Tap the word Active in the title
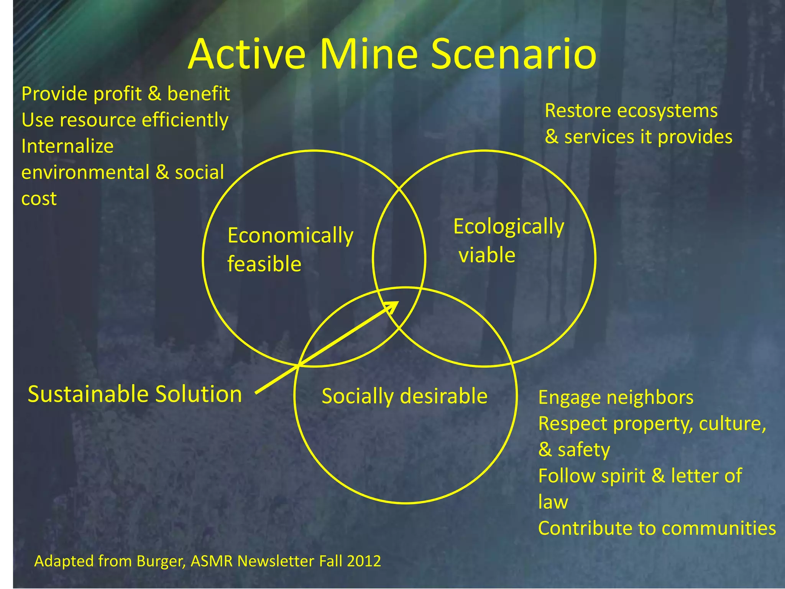(247, 54)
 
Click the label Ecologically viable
(508, 240)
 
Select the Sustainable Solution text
(135, 394)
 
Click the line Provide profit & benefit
(126, 94)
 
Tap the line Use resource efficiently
(125, 120)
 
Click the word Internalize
(67, 146)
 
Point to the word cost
(39, 199)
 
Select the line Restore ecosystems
(631, 111)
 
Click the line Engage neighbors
(616, 397)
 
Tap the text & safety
(574, 449)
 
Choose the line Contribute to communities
(657, 528)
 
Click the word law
(553, 502)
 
